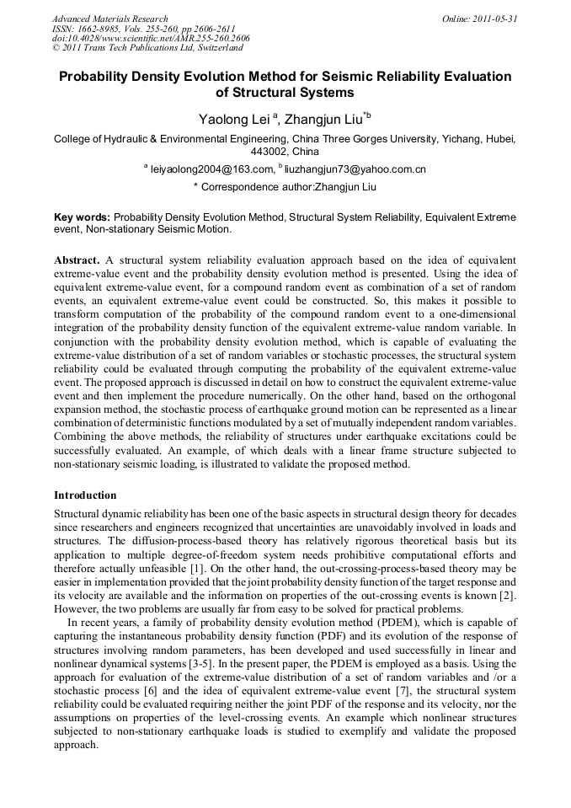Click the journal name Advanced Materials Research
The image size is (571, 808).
coord(109,19)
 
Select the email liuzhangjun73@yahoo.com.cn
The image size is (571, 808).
coord(355,169)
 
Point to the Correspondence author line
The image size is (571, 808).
coord(285,186)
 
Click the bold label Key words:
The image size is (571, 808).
coord(82,217)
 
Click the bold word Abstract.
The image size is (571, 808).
coord(77,260)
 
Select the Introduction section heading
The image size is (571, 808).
coord(85,495)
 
